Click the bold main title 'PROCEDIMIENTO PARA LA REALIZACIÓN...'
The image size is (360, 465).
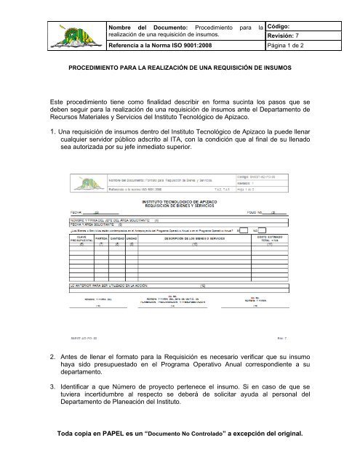pyautogui.click(x=180, y=75)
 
